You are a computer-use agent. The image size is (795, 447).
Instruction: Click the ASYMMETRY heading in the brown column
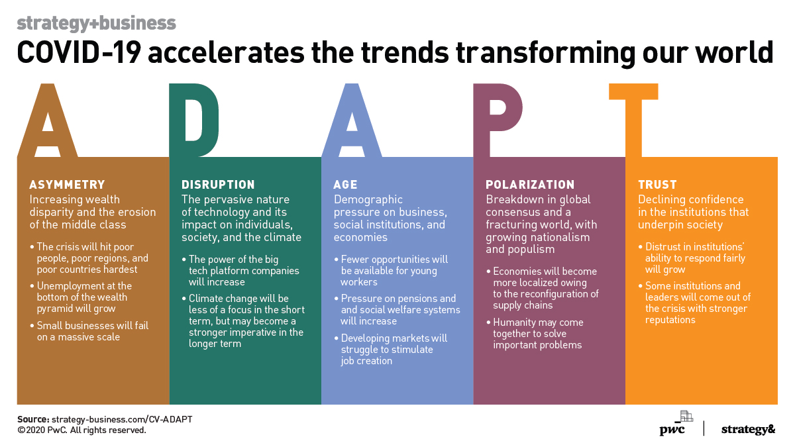(67, 185)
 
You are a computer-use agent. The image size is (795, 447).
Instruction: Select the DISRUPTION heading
(218, 185)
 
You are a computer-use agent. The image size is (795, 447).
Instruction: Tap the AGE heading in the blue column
(345, 185)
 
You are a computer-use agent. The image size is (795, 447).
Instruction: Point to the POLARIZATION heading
(530, 185)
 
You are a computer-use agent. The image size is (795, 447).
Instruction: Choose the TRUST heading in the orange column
(657, 185)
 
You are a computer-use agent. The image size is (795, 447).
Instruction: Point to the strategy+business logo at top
(96, 23)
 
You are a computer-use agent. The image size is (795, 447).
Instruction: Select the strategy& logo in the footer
(747, 429)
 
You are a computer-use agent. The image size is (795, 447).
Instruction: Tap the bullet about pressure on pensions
(397, 310)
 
